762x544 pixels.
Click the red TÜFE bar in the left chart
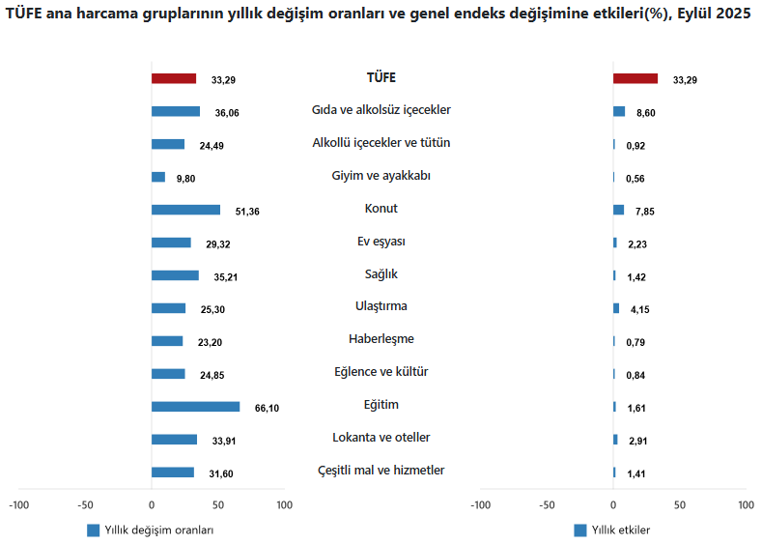(174, 78)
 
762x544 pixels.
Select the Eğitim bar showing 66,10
(195, 407)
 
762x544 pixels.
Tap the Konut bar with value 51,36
(185, 210)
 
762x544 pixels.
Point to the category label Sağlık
(381, 274)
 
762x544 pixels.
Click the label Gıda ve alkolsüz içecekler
(381, 110)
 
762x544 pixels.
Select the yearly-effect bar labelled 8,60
(619, 111)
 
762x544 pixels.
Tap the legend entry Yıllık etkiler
(620, 530)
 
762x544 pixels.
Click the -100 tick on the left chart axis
(18, 505)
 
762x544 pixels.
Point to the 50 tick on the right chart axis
(679, 505)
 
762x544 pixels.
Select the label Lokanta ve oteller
(381, 438)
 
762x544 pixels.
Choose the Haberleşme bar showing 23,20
(167, 341)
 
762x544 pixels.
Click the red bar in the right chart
(635, 78)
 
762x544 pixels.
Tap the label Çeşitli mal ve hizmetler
(381, 471)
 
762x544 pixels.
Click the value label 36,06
(227, 113)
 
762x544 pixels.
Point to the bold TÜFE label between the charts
(381, 77)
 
